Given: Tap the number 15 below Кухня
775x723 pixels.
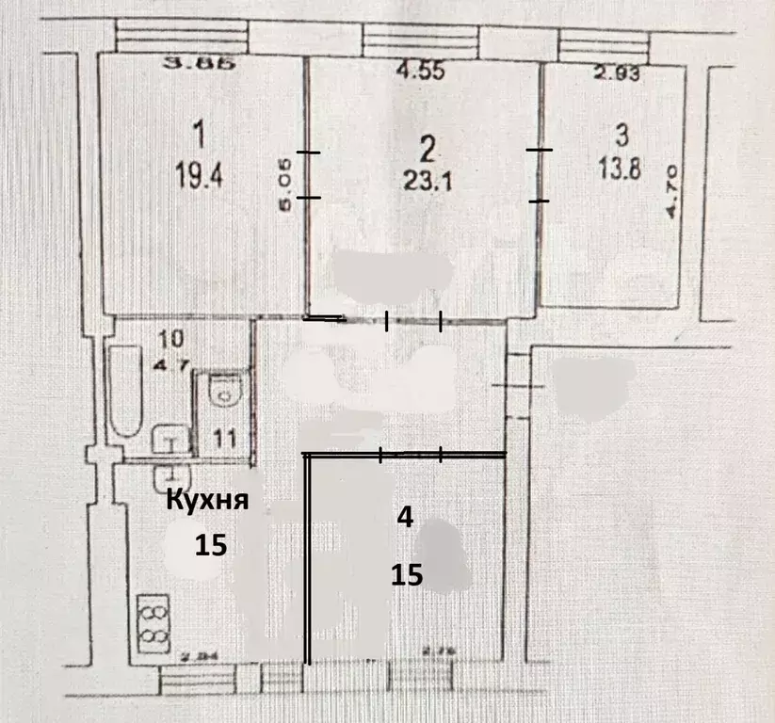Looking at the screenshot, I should click(x=212, y=545).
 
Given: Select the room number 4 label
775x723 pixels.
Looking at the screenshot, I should click(x=406, y=519).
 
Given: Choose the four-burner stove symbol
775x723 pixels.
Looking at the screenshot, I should click(x=152, y=621).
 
